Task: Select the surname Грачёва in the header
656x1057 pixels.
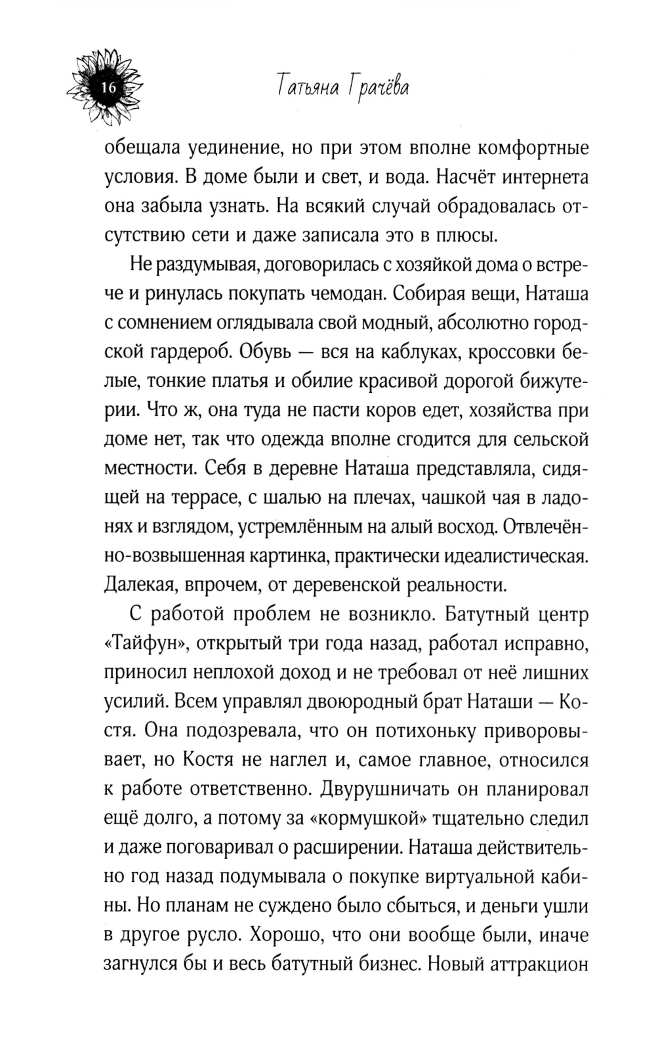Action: pos(379,87)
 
